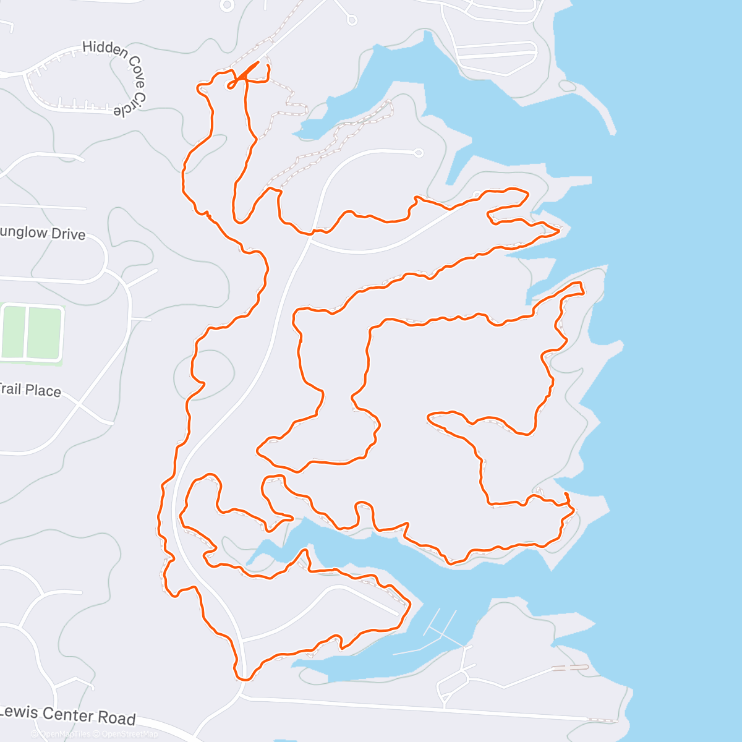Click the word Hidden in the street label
pos(105,49)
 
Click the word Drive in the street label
pos(68,234)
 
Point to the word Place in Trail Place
pos(43,391)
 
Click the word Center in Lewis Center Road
pos(68,715)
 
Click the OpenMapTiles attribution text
pos(64,734)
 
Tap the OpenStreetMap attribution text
pos(130,734)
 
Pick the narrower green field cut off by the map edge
pos(12,331)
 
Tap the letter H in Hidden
pos(87,46)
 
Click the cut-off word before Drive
pos(23,232)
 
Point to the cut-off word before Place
pos(10,389)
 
